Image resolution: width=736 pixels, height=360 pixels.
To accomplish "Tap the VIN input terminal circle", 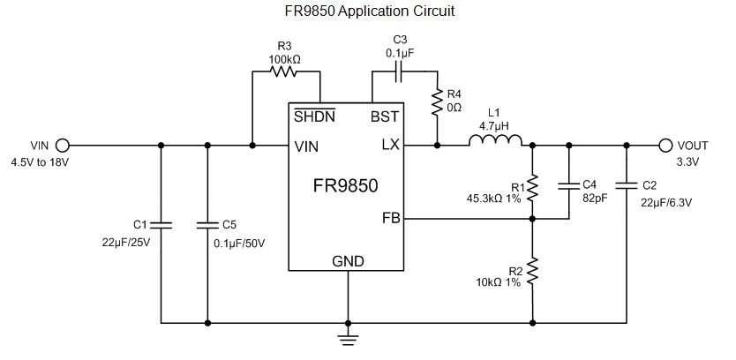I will (x=63, y=146).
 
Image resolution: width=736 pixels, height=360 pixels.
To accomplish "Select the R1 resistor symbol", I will (x=533, y=187).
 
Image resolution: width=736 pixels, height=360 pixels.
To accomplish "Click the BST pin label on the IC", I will (x=385, y=116).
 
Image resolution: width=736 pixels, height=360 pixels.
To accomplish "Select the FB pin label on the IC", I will (x=391, y=217).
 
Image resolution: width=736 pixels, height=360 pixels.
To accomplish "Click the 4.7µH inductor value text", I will (x=494, y=126).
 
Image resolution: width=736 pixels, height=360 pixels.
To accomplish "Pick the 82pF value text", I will (x=595, y=198).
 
